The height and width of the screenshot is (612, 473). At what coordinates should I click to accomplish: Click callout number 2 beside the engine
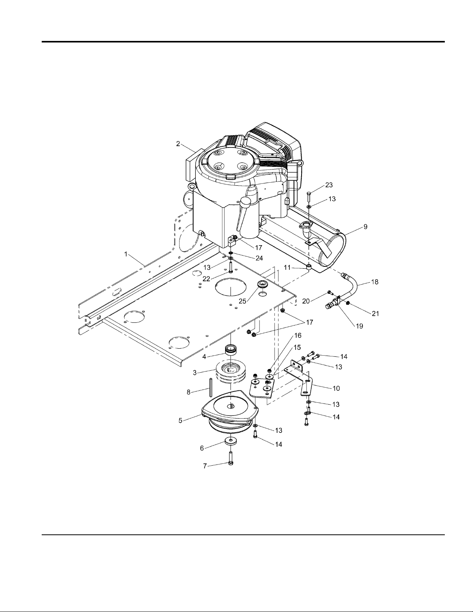[x=178, y=144]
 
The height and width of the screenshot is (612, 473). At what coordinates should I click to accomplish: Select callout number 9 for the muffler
[x=365, y=227]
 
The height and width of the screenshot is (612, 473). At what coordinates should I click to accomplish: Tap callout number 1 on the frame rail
[x=126, y=254]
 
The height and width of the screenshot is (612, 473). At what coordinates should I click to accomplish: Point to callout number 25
[x=242, y=301]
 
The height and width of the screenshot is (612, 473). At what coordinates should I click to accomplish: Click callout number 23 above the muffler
[x=329, y=185]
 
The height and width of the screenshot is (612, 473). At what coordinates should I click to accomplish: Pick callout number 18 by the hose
[x=375, y=281]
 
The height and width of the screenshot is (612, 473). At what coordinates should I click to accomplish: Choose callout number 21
[x=375, y=314]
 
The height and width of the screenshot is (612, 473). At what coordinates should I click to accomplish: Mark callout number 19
[x=359, y=326]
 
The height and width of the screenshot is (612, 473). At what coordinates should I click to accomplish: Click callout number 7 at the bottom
[x=205, y=466]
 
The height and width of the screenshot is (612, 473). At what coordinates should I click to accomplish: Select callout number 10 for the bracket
[x=336, y=388]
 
